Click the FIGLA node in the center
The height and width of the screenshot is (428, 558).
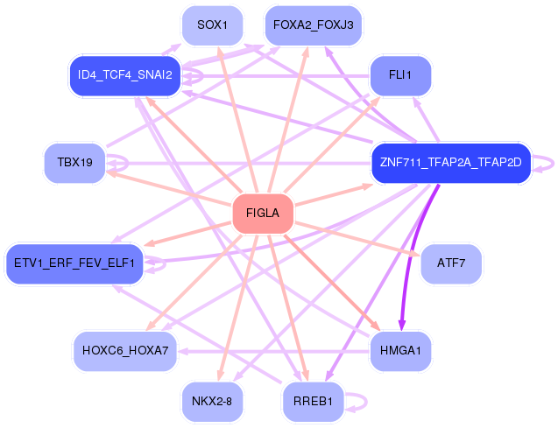pos(262,214)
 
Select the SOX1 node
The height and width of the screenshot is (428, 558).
pos(212,25)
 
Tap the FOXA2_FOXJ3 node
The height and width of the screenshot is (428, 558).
pos(313,25)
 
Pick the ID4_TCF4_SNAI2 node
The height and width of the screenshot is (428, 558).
pos(124,75)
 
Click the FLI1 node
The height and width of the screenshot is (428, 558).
pos(399,75)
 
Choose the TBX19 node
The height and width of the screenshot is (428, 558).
pos(74,163)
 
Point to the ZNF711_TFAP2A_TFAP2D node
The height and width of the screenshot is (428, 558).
pos(451,163)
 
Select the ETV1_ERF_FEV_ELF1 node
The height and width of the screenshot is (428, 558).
pos(74,263)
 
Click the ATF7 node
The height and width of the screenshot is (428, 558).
pos(450,263)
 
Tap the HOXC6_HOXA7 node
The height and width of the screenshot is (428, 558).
pos(125,351)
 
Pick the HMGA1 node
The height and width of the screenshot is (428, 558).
pos(400,351)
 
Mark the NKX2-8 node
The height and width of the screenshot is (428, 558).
pos(212,402)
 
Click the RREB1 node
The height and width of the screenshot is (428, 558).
pos(313,402)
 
